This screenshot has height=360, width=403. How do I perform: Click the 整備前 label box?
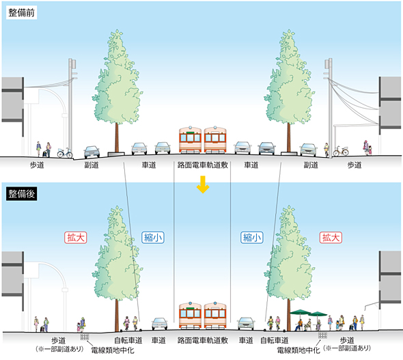(x=22, y=12)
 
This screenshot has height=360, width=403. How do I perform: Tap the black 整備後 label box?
(x=22, y=194)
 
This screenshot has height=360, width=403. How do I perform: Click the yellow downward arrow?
(x=203, y=184)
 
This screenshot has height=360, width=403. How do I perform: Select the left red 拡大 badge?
(x=76, y=238)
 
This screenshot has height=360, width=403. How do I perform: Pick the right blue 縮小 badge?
(x=252, y=238)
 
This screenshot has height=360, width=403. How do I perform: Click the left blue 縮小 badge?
(x=153, y=238)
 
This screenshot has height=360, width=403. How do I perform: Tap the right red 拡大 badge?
(x=331, y=238)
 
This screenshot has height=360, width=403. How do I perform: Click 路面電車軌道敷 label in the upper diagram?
(x=203, y=165)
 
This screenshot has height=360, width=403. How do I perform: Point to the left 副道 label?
(x=92, y=165)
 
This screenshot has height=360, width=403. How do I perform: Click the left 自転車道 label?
(x=128, y=340)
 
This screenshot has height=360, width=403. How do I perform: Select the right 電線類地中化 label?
(x=298, y=350)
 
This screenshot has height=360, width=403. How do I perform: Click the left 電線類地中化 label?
(x=113, y=350)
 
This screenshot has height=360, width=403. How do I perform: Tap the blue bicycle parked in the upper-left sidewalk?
(x=65, y=153)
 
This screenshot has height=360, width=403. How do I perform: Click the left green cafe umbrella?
(x=301, y=312)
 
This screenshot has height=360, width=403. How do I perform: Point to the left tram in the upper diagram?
(x=190, y=139)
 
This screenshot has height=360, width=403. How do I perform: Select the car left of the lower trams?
(x=160, y=324)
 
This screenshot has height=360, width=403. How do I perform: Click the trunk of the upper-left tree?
(x=117, y=137)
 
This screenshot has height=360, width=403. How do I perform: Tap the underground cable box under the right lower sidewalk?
(x=323, y=335)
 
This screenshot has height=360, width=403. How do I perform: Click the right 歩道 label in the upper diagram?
(x=355, y=165)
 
